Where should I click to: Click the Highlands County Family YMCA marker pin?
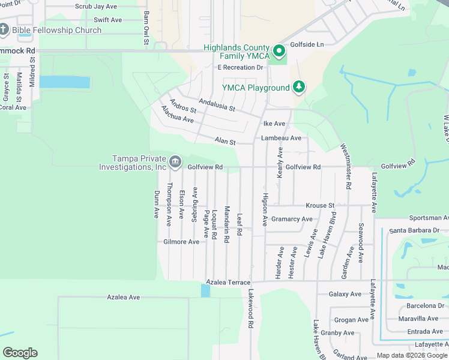[278, 51]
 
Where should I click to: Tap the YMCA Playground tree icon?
[299, 88]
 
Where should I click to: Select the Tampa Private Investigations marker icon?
[175, 160]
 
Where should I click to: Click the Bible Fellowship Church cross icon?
[4, 30]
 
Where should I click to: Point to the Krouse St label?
[320, 205]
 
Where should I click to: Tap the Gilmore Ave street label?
[181, 242]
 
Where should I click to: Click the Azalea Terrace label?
[228, 281]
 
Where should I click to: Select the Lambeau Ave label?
[281, 138]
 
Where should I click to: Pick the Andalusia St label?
[217, 104]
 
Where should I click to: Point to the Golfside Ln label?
[307, 44]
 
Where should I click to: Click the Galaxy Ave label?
[345, 294]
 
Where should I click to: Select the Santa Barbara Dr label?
[414, 230]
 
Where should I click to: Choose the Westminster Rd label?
[345, 167]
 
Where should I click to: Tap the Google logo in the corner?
[20, 353]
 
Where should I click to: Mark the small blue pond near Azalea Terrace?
[206, 290]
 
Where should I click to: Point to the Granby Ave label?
[337, 332]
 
